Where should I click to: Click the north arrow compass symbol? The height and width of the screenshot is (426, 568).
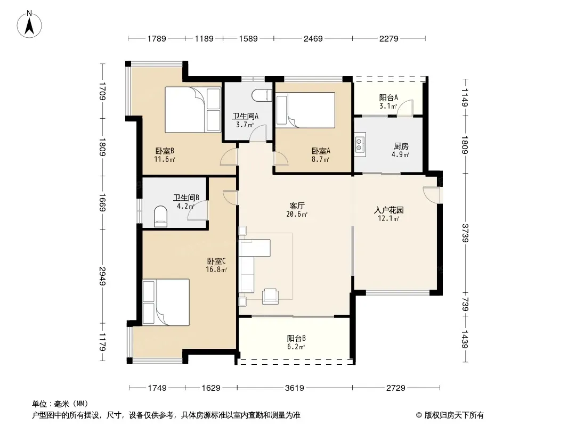pos(29,24)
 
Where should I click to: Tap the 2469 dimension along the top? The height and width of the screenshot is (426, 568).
pos(313,38)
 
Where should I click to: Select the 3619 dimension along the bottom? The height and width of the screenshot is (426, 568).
pos(295,388)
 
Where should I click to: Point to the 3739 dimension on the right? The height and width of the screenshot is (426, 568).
pos(465,233)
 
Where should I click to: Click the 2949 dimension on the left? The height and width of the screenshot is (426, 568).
pos(102,276)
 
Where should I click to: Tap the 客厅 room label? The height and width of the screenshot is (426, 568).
pos(297,206)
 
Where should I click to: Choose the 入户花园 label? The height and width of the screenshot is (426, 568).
pos(388,210)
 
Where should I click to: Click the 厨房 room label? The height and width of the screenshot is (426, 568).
pos(401,146)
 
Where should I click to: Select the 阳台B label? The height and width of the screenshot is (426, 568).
pos(296,339)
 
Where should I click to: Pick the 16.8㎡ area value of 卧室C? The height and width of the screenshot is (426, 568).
pos(216,269)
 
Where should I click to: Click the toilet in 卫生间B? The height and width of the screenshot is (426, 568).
pos(160,216)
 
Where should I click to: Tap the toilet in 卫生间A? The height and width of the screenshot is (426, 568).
pos(262,95)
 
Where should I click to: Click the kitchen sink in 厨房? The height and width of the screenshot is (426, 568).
pos(360,144)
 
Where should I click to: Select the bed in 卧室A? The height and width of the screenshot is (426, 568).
pos(305,110)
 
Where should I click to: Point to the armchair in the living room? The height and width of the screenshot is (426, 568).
pos(270,296)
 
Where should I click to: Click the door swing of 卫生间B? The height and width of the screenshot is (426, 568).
pos(198,210)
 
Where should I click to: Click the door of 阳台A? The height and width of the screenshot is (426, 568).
pos(405,108)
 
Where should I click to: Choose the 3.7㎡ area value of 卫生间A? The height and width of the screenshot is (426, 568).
pos(245,125)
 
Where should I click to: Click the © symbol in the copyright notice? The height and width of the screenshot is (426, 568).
pos(419,415)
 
